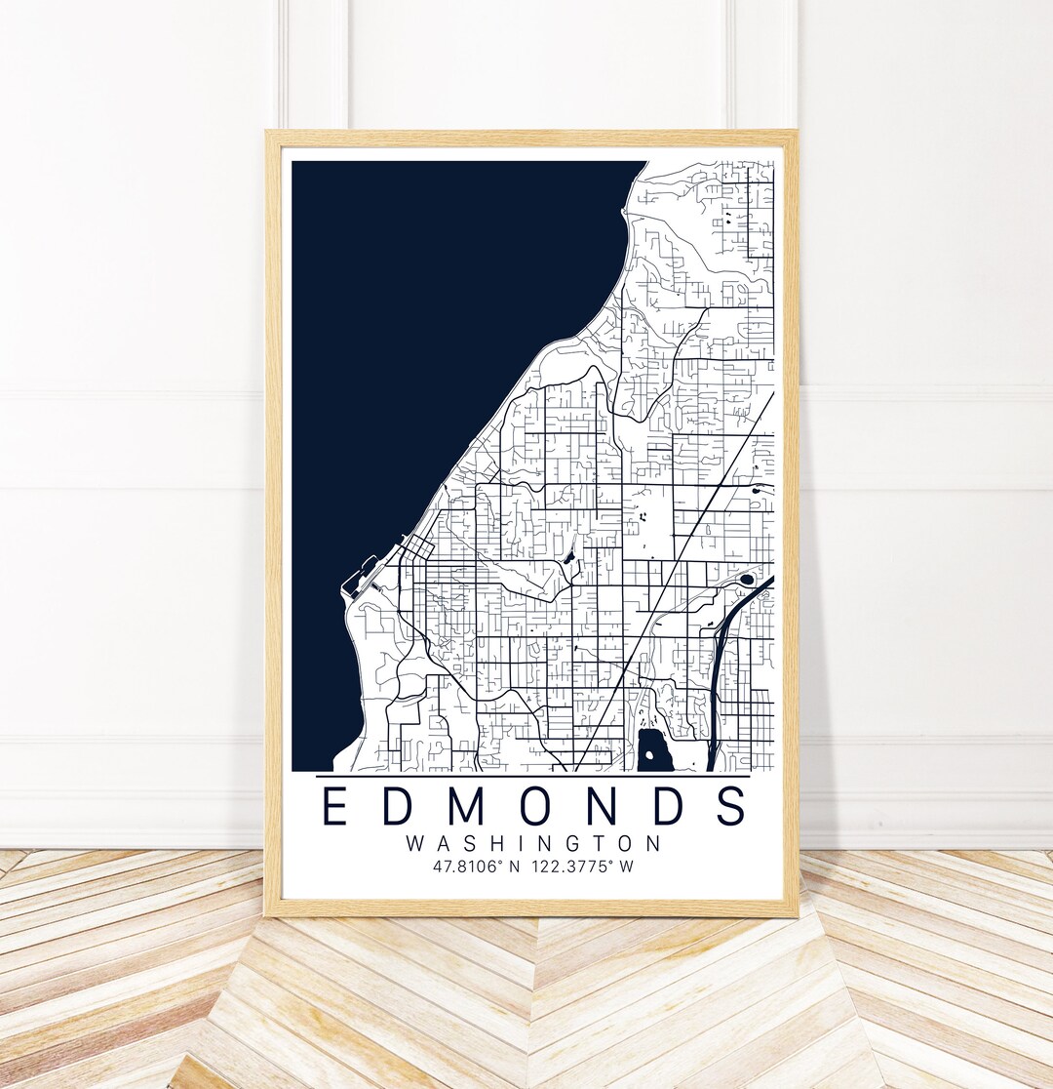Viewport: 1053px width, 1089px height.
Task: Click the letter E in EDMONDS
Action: coord(334,806)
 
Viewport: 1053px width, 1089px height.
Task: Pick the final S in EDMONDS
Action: coord(730,806)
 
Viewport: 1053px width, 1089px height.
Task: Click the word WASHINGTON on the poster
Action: coord(533,843)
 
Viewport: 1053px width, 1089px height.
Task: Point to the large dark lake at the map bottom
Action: coord(655,742)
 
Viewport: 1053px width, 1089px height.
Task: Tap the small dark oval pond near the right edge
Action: coord(747,580)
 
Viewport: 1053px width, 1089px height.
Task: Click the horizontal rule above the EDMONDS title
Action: coord(533,777)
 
